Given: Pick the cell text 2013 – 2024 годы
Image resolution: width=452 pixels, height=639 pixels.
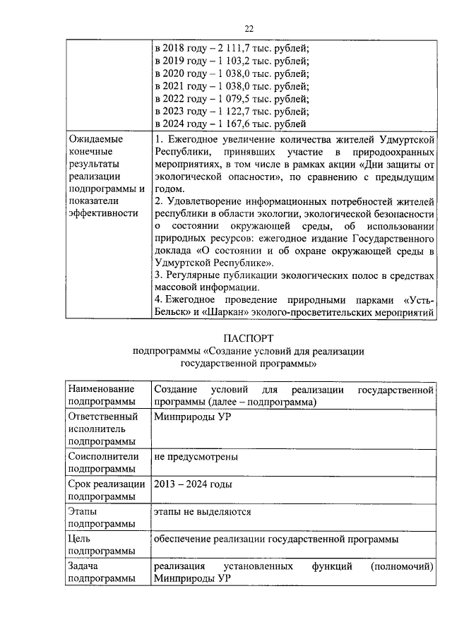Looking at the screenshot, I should [x=193, y=484].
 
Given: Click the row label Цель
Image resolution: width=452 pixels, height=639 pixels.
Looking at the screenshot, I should [x=80, y=539].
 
